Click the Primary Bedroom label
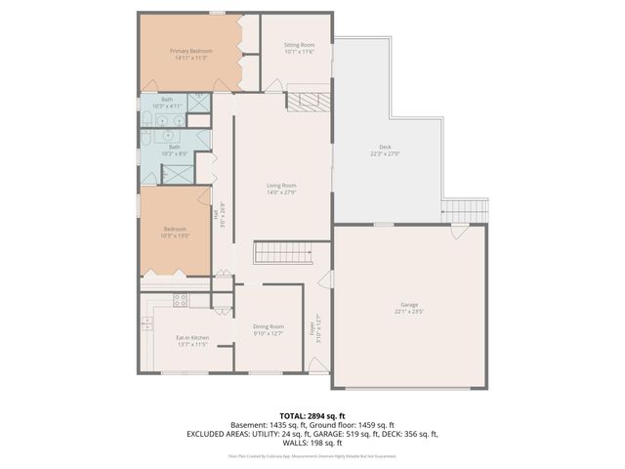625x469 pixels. [190, 50]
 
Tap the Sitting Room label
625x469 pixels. [299, 45]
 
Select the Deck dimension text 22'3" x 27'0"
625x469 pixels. [385, 153]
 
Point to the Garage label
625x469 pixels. [409, 306]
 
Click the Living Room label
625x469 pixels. [281, 185]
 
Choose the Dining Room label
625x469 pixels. [268, 326]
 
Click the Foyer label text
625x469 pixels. [312, 329]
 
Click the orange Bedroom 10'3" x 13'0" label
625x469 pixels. [175, 229]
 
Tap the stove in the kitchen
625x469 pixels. [180, 300]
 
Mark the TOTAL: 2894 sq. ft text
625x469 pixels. [312, 416]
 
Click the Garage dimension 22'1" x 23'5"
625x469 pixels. [409, 313]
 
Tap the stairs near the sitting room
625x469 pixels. [309, 102]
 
